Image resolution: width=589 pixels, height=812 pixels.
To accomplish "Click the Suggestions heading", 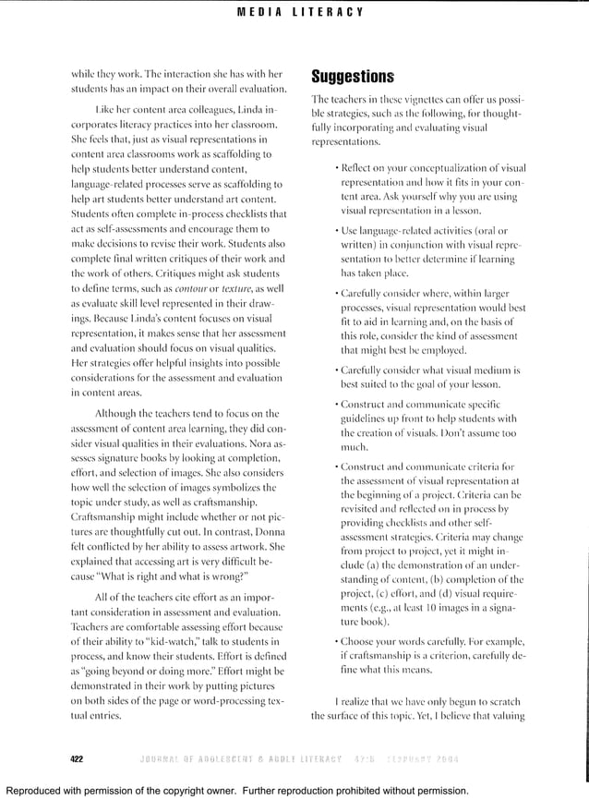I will (x=353, y=76).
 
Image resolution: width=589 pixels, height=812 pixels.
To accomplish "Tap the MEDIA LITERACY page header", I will (x=299, y=12).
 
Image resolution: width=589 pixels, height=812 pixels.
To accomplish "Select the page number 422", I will (x=77, y=758).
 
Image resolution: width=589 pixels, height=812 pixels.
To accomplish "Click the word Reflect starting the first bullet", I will (x=361, y=168).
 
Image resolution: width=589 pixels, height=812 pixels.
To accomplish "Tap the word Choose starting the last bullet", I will (x=361, y=640).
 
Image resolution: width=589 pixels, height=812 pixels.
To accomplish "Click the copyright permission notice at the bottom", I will (x=237, y=791).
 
